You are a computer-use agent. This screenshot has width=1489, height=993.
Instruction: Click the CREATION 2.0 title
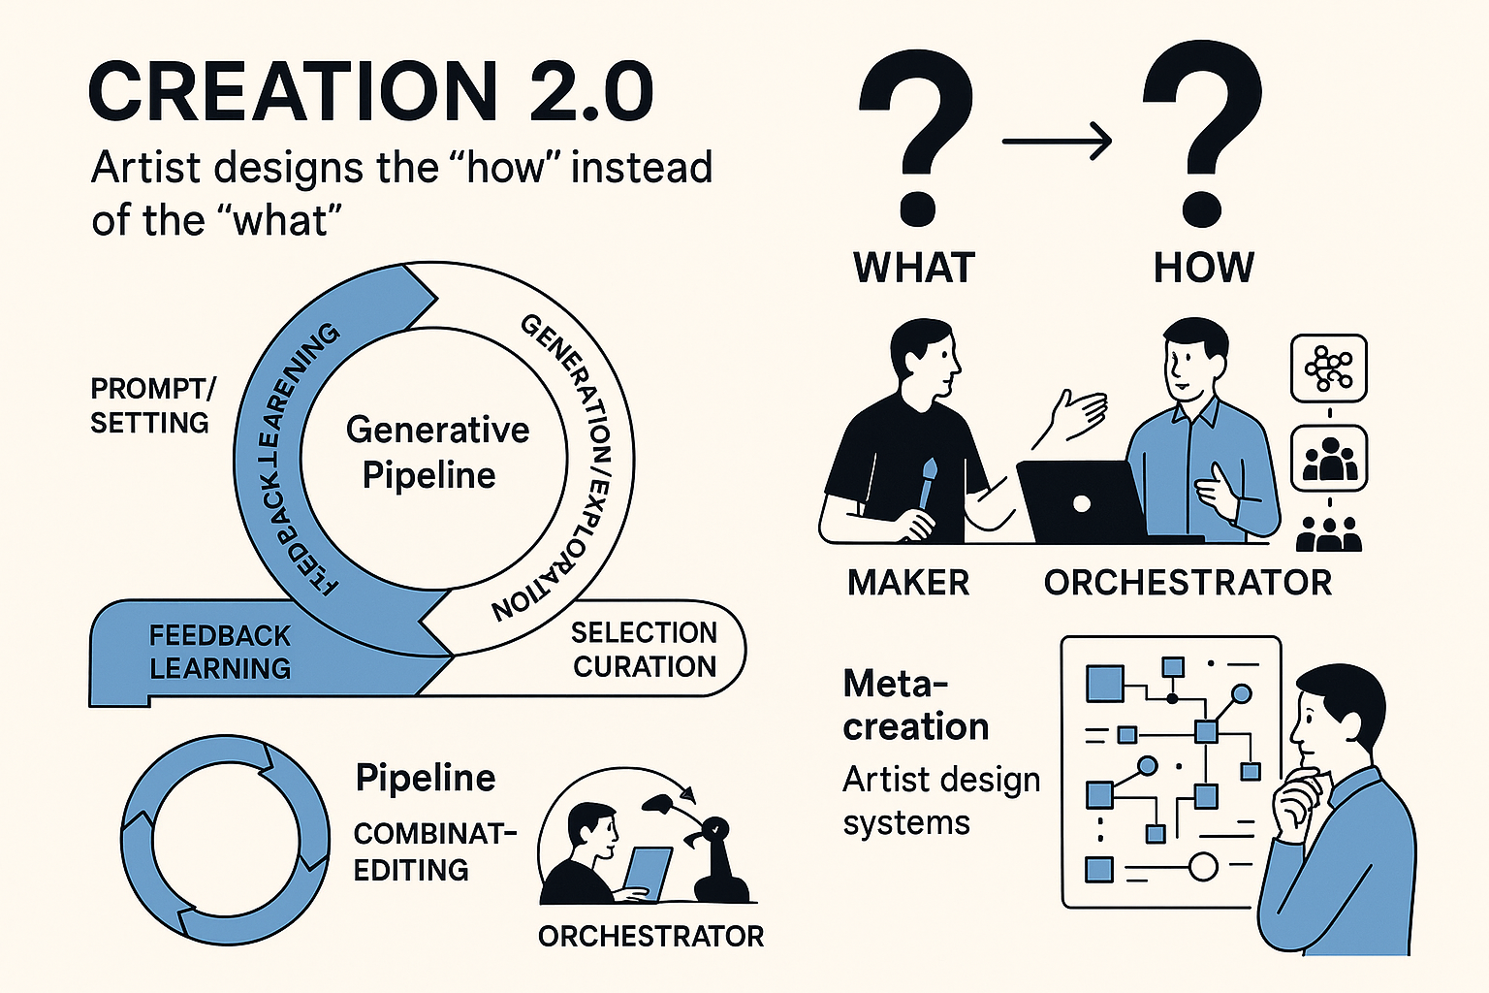click(371, 92)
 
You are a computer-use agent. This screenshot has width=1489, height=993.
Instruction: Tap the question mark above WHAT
click(915, 136)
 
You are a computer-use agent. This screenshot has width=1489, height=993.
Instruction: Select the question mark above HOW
click(1202, 136)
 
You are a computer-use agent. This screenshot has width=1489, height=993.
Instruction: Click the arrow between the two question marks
click(1057, 142)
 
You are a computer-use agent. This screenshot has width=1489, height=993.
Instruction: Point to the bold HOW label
click(1203, 268)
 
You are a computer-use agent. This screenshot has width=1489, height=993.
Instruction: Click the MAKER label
click(908, 583)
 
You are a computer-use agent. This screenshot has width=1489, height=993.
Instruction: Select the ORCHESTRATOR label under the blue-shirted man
click(1188, 583)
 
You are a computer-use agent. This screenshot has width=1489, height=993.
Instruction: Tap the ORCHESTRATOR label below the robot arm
click(650, 936)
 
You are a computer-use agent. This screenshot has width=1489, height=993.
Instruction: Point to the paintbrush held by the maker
click(928, 484)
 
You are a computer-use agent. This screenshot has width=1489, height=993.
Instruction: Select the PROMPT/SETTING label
click(151, 405)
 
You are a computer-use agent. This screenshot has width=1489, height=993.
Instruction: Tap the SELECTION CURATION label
click(644, 650)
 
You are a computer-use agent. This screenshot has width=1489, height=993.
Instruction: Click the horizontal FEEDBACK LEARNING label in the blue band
click(220, 652)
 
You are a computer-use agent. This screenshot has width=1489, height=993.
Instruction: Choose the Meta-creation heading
click(914, 705)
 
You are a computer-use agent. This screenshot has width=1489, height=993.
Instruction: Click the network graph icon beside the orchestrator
click(1328, 368)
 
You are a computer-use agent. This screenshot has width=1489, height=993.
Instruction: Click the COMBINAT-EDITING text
click(432, 851)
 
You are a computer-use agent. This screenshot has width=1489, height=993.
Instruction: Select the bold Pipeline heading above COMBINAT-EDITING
click(426, 778)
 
